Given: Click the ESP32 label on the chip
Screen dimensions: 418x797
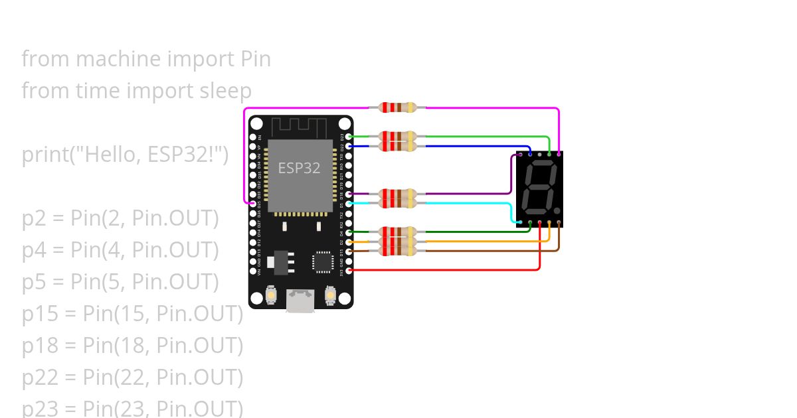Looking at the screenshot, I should click(299, 169).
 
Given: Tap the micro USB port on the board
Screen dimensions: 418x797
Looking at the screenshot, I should click(300, 301).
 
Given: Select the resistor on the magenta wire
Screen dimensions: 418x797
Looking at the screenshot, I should click(397, 107).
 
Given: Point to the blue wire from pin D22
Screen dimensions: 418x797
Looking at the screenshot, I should click(478, 146).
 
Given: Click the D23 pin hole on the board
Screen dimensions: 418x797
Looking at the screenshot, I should click(349, 136).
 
